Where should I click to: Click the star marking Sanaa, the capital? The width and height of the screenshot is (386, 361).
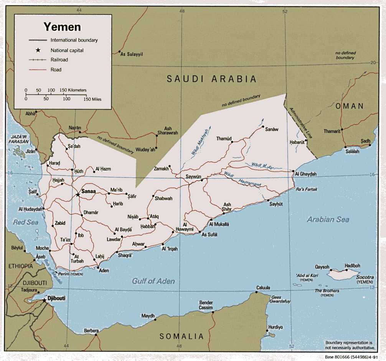point(78,195)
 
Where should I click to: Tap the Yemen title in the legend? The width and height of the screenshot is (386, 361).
point(62,27)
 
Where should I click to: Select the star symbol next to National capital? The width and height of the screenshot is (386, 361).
point(38,50)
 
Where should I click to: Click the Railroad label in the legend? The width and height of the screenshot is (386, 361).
point(59,60)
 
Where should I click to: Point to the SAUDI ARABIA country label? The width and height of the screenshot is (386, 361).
point(211,79)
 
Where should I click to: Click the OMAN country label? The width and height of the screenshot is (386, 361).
point(349,106)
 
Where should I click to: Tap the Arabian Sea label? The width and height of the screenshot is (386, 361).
point(328,220)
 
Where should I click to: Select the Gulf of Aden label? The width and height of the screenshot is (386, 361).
point(153,281)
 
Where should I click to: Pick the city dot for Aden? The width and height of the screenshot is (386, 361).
point(98,267)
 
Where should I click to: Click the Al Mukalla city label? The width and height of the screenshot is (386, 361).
point(219,224)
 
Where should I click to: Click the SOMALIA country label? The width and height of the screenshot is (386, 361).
point(181,336)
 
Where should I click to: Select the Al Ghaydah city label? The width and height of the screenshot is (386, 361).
point(306,174)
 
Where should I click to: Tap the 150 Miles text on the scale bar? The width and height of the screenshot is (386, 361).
point(92,99)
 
